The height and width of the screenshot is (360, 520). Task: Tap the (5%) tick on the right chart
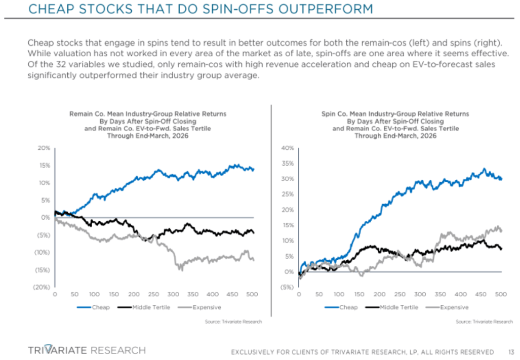[288, 287]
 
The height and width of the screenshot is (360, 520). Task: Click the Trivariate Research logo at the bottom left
[87, 350]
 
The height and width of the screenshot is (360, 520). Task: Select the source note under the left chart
[233, 322]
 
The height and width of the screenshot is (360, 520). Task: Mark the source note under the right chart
[484, 322]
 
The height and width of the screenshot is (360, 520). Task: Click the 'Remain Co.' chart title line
[147, 114]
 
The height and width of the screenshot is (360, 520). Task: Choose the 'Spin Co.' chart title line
[395, 114]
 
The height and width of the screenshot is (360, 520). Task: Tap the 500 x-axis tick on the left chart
[252, 294]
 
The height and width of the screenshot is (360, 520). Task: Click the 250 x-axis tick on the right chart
[399, 294]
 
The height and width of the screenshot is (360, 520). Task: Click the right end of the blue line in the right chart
[501, 179]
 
